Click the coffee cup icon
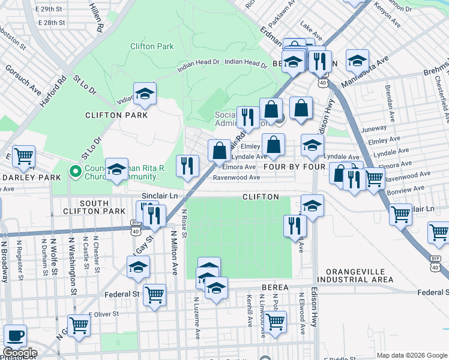(x=15, y=335)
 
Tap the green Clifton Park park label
(x=152, y=46)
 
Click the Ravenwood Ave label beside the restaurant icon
(x=237, y=178)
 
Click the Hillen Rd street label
(x=97, y=16)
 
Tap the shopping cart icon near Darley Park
(x=23, y=157)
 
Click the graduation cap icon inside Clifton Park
(x=145, y=93)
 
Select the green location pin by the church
(x=75, y=172)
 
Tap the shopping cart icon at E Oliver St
(x=79, y=325)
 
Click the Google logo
(x=20, y=353)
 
